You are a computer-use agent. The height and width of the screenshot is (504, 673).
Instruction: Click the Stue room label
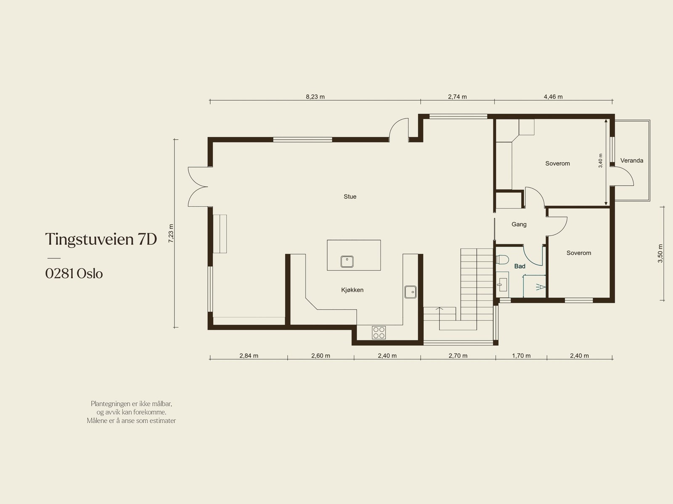(x=350, y=196)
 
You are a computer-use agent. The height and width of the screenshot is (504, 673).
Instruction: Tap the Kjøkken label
(x=352, y=290)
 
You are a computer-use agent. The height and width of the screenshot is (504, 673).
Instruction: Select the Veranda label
(x=631, y=160)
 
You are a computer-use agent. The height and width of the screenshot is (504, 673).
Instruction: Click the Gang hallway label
(x=519, y=224)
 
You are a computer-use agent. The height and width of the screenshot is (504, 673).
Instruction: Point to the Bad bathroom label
(x=519, y=266)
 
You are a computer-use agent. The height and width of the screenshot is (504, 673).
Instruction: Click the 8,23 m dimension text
(x=315, y=96)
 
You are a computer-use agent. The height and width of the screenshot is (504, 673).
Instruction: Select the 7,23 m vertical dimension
(x=171, y=233)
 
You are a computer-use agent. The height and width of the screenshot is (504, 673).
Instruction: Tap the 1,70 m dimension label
(x=521, y=355)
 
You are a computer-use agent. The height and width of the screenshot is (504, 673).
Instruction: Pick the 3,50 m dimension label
(x=660, y=253)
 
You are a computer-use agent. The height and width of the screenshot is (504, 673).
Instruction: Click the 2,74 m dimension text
(x=457, y=96)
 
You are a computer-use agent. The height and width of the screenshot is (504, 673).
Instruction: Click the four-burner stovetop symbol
(x=379, y=332)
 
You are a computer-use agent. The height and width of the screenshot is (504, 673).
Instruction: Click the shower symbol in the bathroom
(x=540, y=287)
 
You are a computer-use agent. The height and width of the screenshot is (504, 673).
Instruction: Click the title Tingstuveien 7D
(x=101, y=239)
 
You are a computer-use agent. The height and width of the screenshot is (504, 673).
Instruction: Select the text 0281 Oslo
(x=74, y=273)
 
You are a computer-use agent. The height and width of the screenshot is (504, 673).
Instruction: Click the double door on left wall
(x=198, y=186)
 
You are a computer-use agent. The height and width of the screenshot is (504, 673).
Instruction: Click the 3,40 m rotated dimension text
(x=601, y=160)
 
